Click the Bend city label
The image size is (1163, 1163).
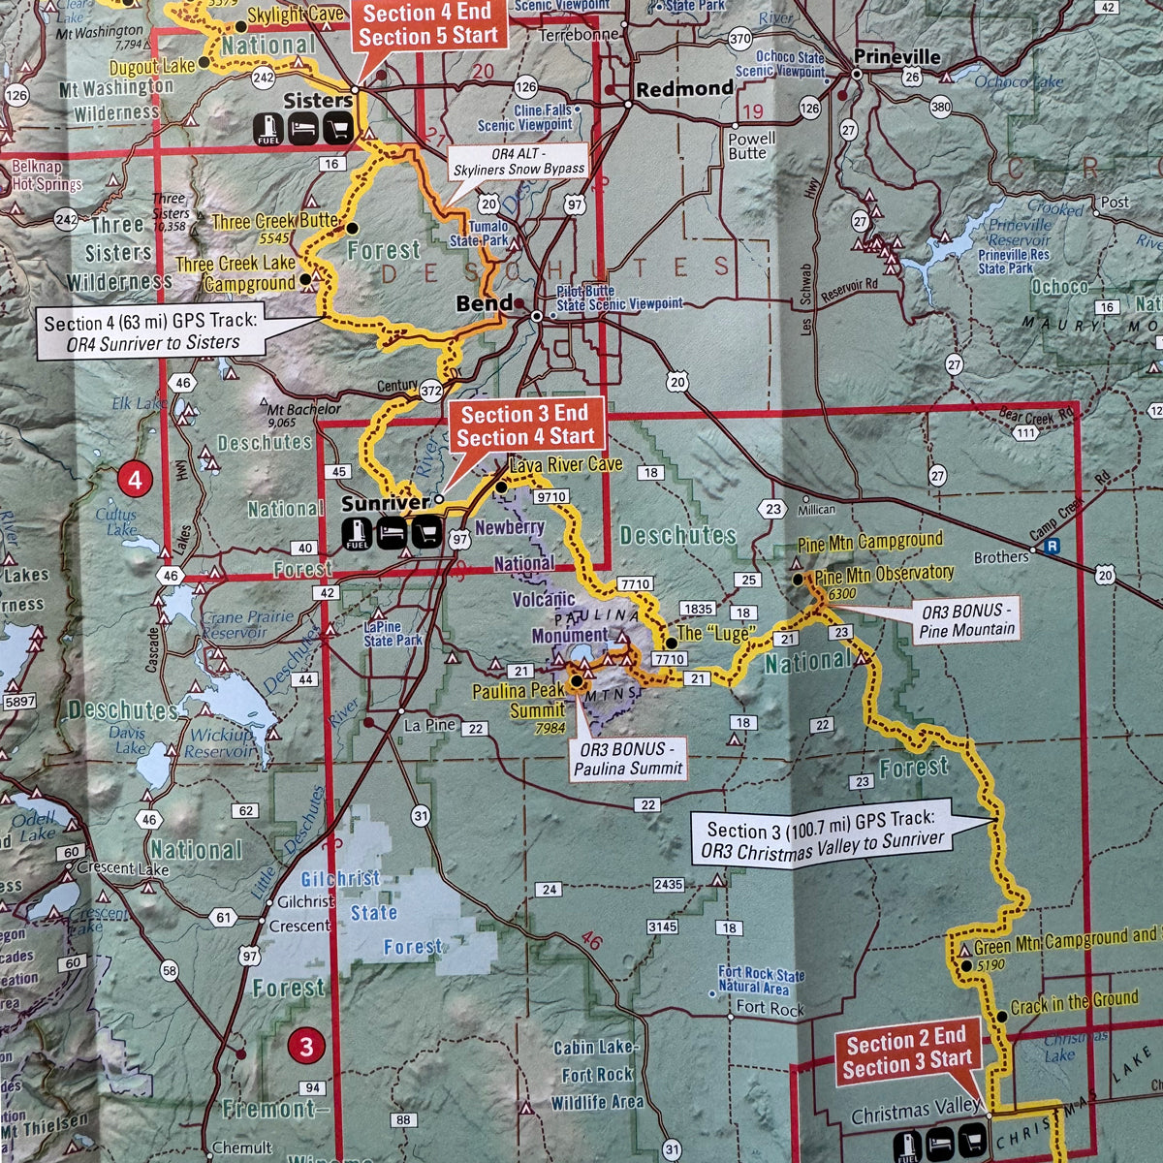(x=485, y=303)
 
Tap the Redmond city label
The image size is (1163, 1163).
(x=684, y=89)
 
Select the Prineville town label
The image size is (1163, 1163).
(x=896, y=57)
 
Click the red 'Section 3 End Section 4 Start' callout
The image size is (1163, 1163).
(x=525, y=425)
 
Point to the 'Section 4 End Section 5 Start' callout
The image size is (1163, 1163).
(x=427, y=25)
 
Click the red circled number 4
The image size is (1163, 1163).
(x=135, y=479)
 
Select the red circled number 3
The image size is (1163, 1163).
(x=306, y=1046)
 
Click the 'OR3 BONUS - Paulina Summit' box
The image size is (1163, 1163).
(x=629, y=759)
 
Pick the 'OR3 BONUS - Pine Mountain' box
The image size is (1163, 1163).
(x=967, y=621)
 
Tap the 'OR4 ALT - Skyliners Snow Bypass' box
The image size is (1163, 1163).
(x=519, y=161)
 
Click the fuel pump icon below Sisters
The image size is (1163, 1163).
(x=268, y=128)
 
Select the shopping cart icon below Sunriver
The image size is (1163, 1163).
(x=427, y=532)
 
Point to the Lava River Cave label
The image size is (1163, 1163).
(x=565, y=465)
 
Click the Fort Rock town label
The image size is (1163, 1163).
(x=770, y=1008)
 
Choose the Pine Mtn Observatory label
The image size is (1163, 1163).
(x=884, y=575)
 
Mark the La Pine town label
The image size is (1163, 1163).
(x=429, y=725)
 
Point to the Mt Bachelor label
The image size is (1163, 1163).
(x=303, y=410)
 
